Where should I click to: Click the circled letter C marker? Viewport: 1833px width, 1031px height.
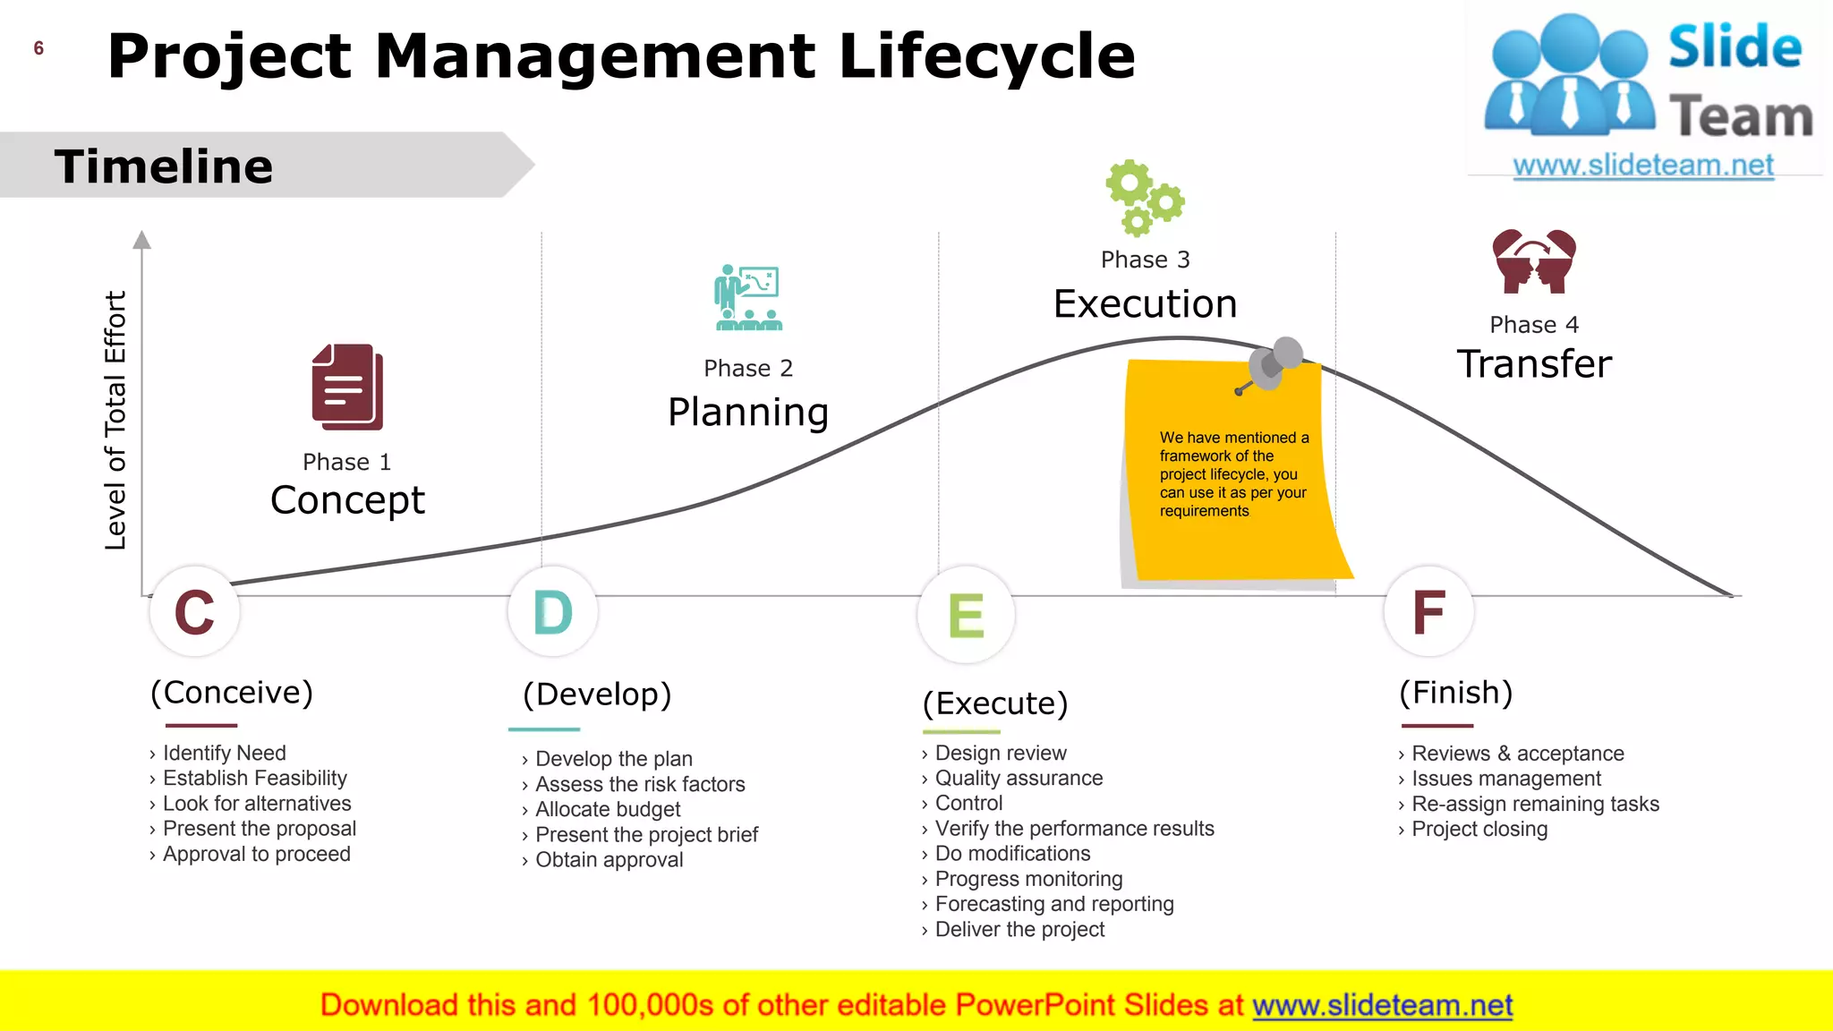pos(194,612)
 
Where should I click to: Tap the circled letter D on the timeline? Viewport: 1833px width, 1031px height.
pos(552,612)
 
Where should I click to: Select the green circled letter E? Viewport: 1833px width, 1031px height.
pos(966,616)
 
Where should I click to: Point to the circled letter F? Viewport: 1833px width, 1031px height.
pos(1428,612)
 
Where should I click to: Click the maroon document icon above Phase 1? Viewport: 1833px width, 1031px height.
pos(347,387)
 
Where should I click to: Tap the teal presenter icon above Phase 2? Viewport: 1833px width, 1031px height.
pos(748,298)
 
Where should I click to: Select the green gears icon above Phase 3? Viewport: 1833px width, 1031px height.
pos(1144,198)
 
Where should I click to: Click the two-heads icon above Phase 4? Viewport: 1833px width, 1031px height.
pos(1534,261)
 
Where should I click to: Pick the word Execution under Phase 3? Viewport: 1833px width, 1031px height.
pos(1145,304)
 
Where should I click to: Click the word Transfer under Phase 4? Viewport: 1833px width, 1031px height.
pos(1534,364)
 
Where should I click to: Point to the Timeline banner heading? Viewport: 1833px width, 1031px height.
pos(164,166)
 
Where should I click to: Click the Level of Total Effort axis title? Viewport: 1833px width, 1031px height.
pos(115,420)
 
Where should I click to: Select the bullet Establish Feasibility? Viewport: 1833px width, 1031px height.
pos(254,779)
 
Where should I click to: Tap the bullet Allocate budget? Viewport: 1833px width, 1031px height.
pos(608,810)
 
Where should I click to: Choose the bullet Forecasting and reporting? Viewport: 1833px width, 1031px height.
pos(1053,905)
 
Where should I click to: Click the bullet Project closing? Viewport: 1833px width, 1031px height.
pos(1479,830)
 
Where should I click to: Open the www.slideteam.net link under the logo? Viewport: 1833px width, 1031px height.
pos(1642,166)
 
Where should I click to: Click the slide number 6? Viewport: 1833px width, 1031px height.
pos(38,48)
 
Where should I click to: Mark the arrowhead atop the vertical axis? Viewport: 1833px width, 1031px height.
pos(141,240)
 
